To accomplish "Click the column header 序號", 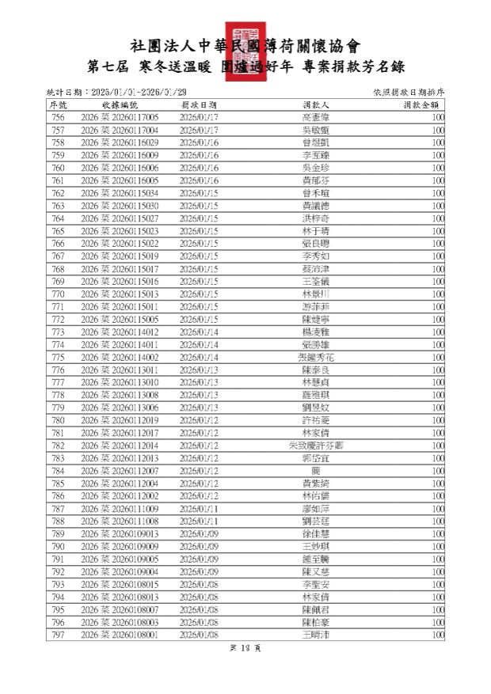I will click(59, 104).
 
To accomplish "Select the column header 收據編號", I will click(120, 104).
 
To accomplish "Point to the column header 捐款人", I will click(316, 104).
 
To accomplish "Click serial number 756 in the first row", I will click(58, 117).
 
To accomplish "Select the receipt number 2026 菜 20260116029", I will click(120, 142).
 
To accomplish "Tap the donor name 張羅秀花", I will click(316, 357).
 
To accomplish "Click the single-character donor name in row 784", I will click(316, 471).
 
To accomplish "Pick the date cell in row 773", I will click(199, 332).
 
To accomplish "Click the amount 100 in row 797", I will click(438, 635).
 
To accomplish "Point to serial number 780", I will click(58, 420).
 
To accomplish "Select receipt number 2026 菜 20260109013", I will click(120, 533).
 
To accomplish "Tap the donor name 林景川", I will click(316, 294).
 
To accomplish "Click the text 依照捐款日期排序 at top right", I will click(408, 93).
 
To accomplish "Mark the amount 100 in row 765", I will click(438, 231).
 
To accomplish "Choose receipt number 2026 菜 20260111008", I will click(120, 521).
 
